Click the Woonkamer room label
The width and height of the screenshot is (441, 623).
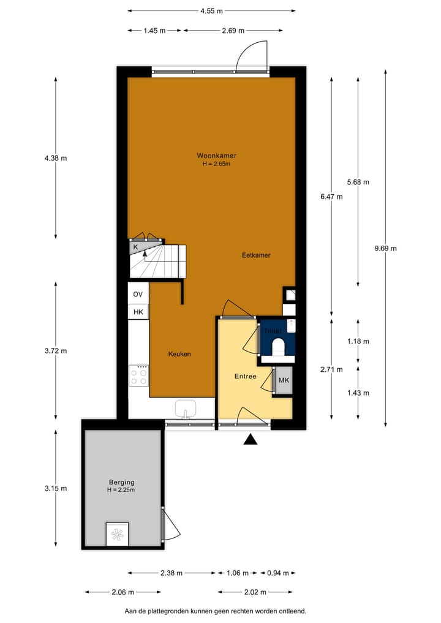click(x=216, y=156)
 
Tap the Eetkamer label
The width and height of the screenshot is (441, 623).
click(x=256, y=255)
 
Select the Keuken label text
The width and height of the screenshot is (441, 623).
click(x=180, y=354)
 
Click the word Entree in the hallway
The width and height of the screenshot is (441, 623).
click(x=245, y=376)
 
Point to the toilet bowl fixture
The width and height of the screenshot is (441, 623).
click(x=277, y=347)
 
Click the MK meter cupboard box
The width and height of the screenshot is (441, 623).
click(x=283, y=380)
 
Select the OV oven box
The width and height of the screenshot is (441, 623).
click(x=138, y=295)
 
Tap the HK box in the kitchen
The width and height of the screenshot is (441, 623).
click(x=138, y=312)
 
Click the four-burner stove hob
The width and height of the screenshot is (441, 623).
click(x=138, y=376)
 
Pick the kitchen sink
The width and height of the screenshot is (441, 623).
click(x=186, y=408)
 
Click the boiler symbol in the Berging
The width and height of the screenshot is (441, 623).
click(x=116, y=534)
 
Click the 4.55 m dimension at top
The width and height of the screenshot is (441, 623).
click(x=211, y=10)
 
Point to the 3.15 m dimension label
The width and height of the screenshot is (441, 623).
click(x=55, y=488)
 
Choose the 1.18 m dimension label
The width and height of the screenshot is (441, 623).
click(x=358, y=342)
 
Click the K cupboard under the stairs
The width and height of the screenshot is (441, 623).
click(x=136, y=247)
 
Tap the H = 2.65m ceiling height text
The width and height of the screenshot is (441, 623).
click(x=216, y=164)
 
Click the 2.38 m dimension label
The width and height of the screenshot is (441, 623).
click(x=171, y=573)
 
